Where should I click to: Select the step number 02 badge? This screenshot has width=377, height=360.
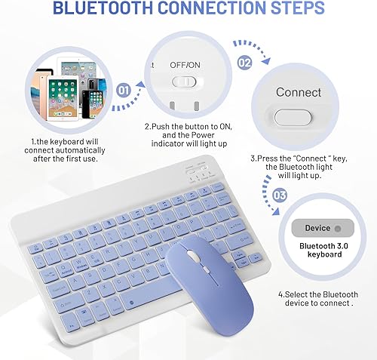tap(244, 63)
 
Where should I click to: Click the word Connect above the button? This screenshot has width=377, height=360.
tap(299, 92)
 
